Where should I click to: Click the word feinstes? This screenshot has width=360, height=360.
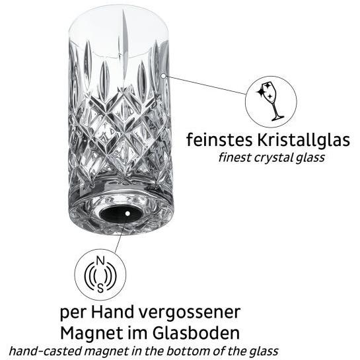[219, 140]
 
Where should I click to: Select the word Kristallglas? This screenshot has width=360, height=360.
[303, 140]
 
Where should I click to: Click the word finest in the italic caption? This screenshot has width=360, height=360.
[234, 157]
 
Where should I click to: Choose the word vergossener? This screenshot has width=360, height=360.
[190, 314]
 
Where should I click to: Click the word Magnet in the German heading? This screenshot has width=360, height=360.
[92, 333]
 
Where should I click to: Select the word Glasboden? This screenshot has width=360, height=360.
[196, 333]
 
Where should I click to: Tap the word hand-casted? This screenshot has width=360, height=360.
[46, 351]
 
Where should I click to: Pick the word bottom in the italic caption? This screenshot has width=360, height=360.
[186, 351]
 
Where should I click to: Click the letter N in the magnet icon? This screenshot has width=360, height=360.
[100, 261]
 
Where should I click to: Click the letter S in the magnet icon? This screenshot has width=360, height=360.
[100, 288]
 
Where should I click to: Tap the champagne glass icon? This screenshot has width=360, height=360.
[271, 101]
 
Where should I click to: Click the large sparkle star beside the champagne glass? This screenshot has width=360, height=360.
[260, 92]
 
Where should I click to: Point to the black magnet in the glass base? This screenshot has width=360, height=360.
[121, 213]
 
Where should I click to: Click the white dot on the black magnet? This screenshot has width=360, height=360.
[127, 213]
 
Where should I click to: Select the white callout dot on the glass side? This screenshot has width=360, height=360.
[163, 76]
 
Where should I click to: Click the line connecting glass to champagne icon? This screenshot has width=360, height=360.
[205, 85]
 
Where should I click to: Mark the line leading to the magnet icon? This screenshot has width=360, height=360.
[120, 234]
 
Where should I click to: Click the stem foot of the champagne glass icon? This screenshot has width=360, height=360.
[278, 118]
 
